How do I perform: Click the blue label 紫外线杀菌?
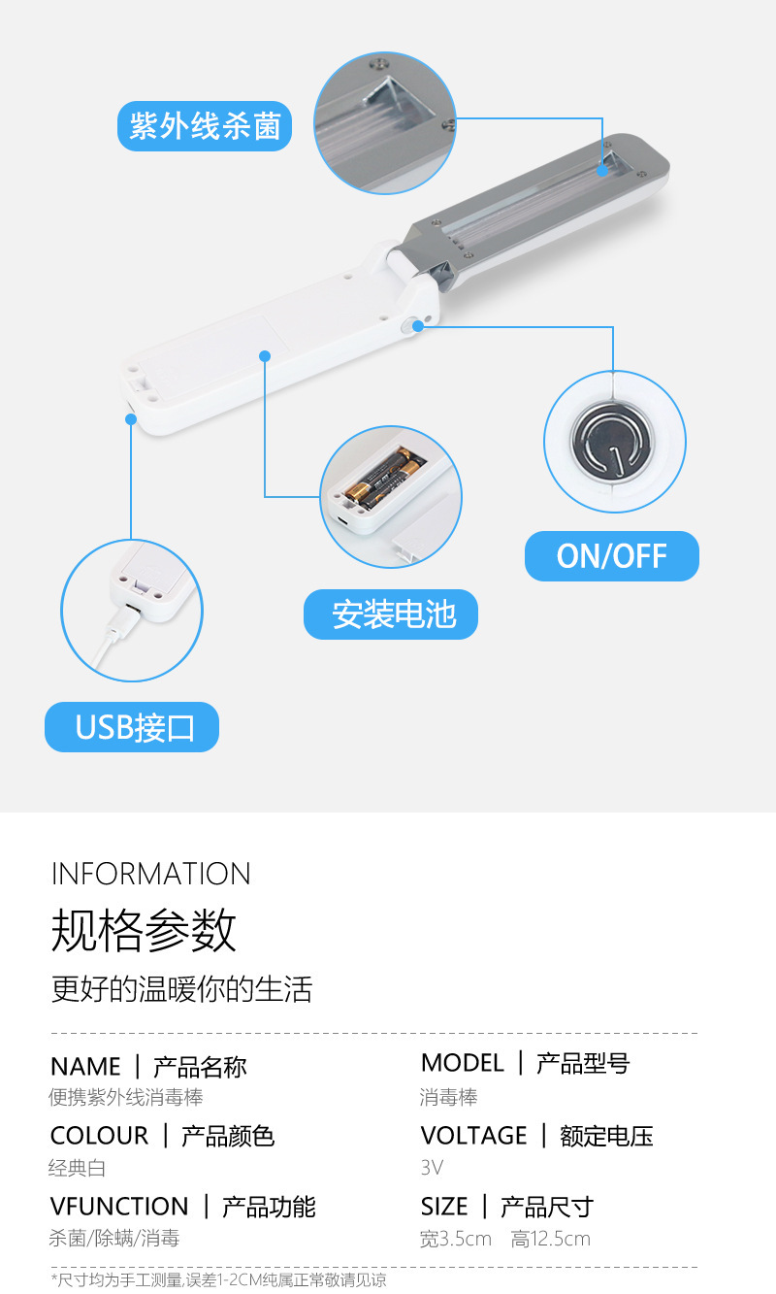205,126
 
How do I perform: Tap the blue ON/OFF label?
611,555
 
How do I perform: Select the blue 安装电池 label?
391,614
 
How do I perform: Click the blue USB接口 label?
132,727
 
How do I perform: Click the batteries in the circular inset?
384,474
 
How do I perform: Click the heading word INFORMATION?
150,874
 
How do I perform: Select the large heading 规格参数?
144,929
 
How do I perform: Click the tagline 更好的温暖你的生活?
181,989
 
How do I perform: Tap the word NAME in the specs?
86,1067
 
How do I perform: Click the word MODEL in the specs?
463,1063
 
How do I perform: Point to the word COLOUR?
99,1136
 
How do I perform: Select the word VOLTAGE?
473,1136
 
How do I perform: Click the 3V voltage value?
432,1168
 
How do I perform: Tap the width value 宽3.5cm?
456,1239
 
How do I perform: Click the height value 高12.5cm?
550,1239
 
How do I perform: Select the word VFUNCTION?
119,1207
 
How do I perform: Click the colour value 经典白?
77,1168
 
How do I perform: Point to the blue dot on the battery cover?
265,356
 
